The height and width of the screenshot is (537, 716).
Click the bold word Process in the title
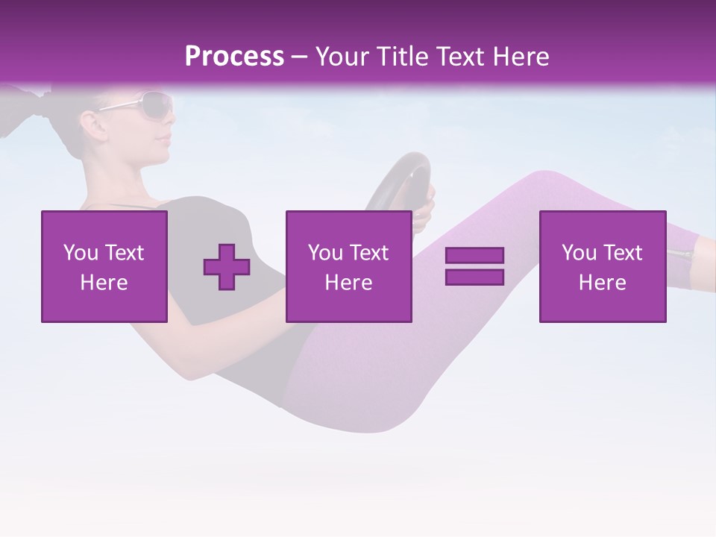point(234,57)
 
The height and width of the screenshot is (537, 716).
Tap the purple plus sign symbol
point(227,267)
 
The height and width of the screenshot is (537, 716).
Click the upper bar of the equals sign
point(474,256)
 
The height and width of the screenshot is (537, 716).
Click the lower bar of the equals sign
point(474,277)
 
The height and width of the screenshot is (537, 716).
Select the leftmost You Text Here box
point(104,266)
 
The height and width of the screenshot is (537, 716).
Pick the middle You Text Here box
point(348,266)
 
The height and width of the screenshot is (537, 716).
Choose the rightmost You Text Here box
point(603,266)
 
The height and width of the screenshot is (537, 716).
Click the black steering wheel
point(403,179)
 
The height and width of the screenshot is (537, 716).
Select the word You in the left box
point(81,253)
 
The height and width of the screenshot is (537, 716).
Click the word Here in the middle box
point(348,283)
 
